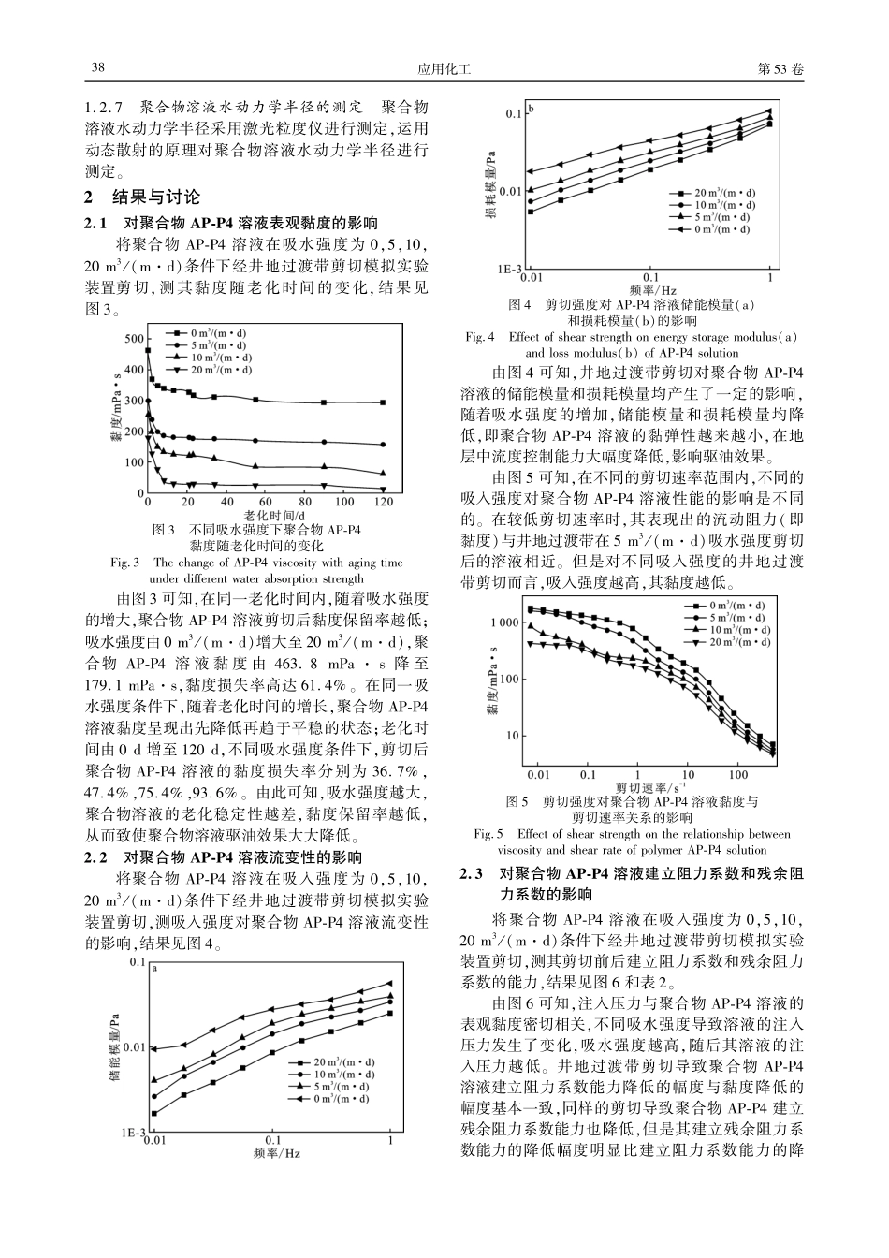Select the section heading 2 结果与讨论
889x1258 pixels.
[x=142, y=197]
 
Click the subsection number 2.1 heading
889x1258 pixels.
[x=97, y=223]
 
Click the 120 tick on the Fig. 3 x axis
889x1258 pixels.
[x=383, y=503]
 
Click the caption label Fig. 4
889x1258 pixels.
[x=479, y=337]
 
